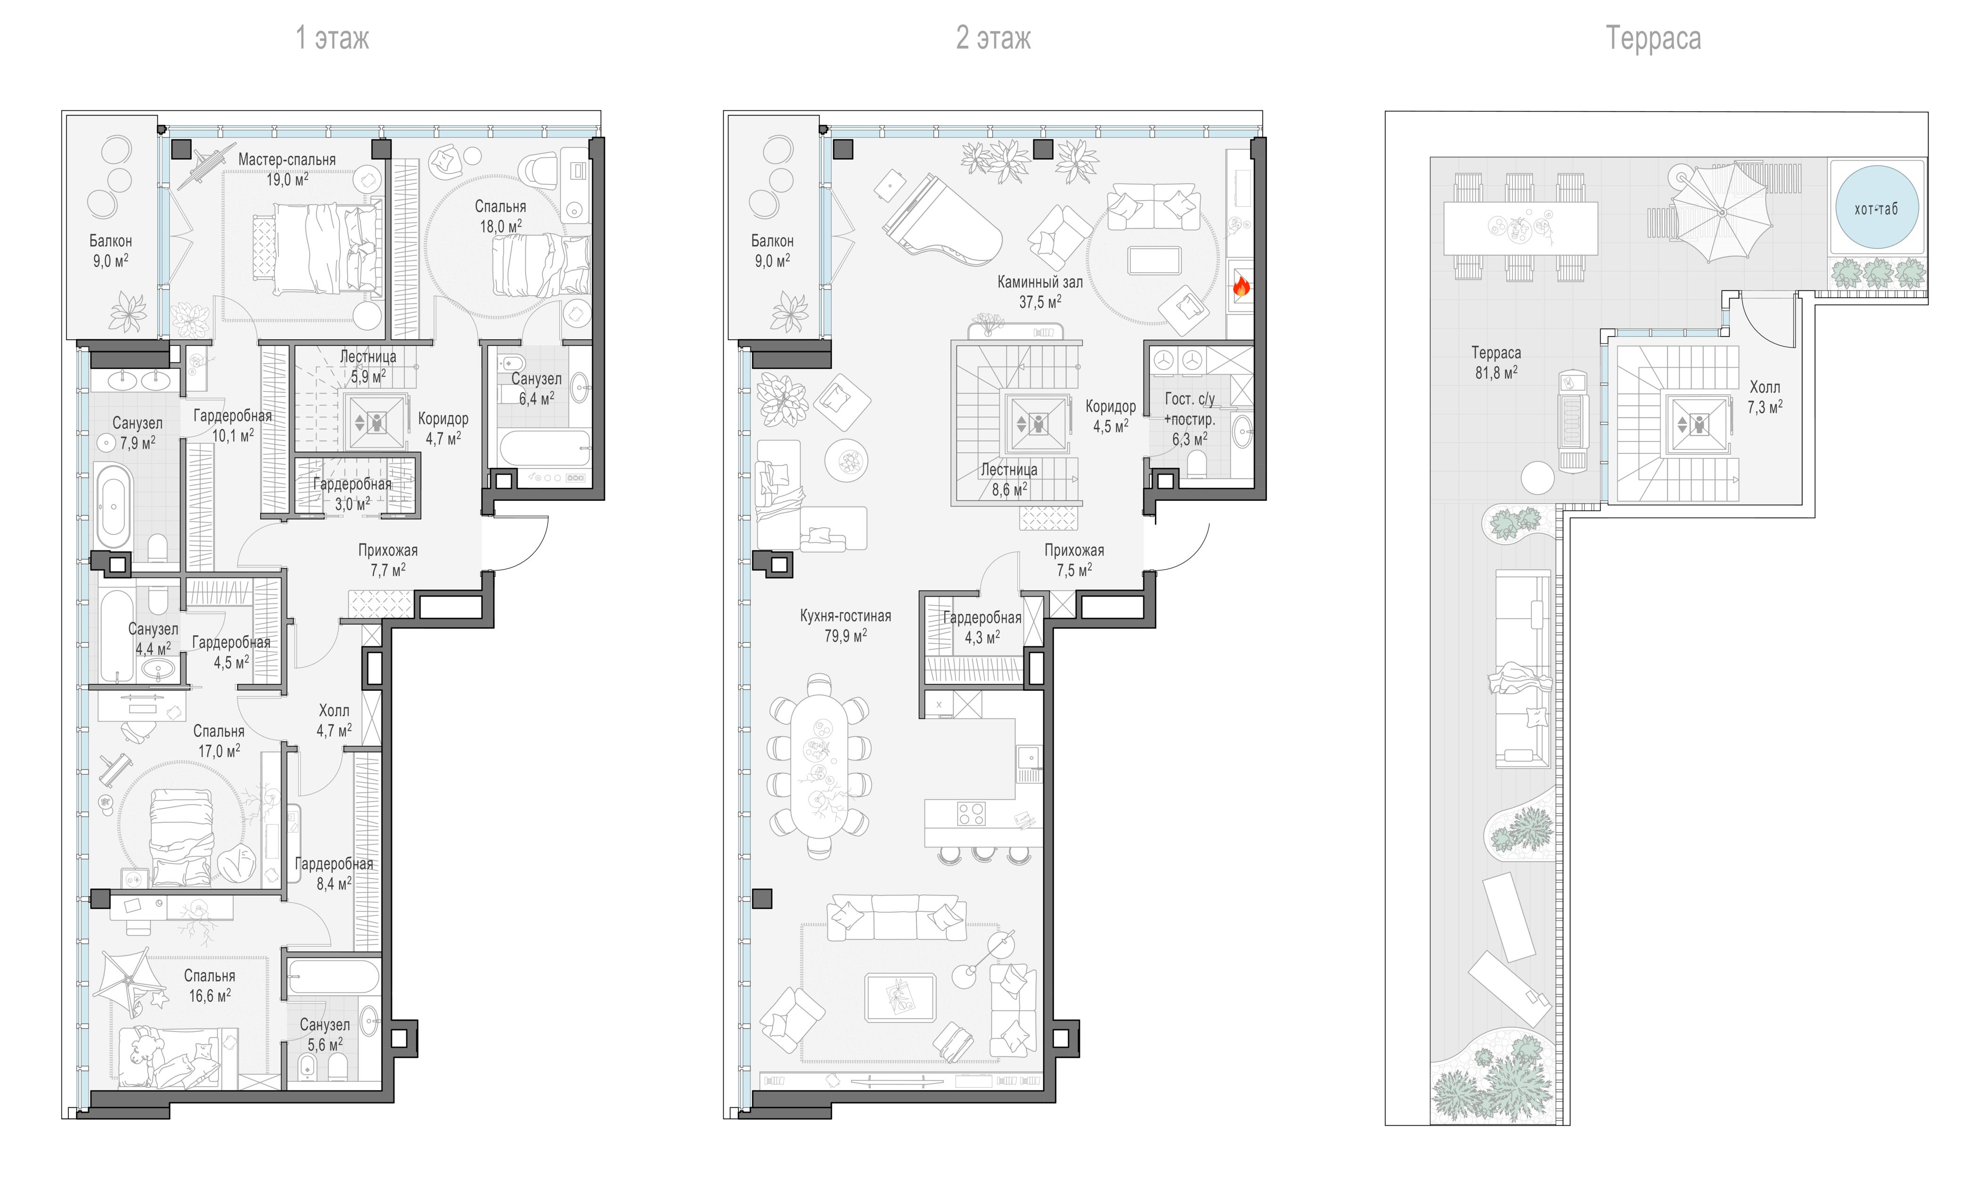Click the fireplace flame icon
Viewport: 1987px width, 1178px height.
[x=1240, y=286]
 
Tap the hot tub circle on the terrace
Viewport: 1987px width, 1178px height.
[x=1877, y=208]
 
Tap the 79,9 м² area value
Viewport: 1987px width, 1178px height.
[x=845, y=635]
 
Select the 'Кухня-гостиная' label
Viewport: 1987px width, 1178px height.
[x=845, y=616]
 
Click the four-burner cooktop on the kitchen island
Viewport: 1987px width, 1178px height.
[x=971, y=814]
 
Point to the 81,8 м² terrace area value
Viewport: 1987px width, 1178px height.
[x=1496, y=372]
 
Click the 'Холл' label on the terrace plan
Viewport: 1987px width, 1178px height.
[x=1765, y=387]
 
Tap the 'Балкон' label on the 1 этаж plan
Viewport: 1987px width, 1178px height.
[x=110, y=240]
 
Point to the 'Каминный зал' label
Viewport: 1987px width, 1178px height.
[x=1039, y=282]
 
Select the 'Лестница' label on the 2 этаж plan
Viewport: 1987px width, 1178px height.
[x=1008, y=470]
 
